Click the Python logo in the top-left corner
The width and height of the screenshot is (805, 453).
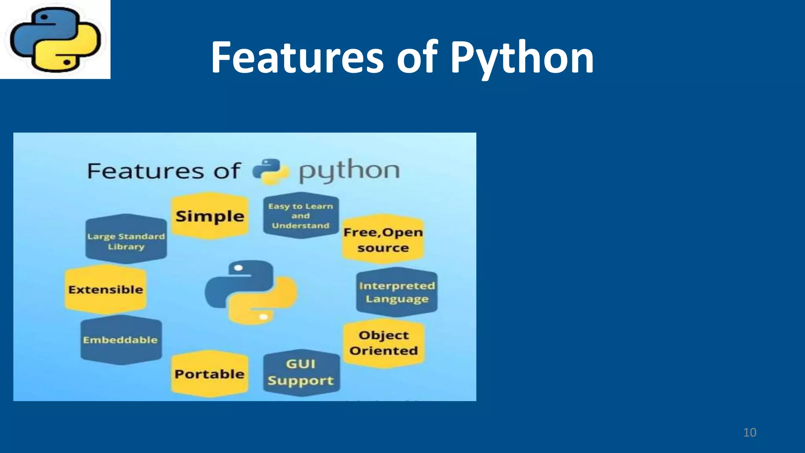55,39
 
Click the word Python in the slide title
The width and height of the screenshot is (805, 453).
522,58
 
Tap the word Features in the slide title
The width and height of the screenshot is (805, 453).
297,58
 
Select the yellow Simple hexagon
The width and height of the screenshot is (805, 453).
210,216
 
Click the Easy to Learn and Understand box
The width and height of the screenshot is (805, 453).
301,215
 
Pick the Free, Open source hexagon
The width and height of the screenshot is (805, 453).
383,239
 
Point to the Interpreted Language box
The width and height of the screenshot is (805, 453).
397,292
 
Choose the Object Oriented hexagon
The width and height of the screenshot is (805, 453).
384,343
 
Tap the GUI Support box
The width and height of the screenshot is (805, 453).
301,372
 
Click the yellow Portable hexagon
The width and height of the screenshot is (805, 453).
210,374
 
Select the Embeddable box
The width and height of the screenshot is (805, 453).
121,340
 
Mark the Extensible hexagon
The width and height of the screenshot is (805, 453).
106,289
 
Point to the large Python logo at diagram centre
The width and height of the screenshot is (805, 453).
251,292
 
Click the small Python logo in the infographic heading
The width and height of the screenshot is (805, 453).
270,171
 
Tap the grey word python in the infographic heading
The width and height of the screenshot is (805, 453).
349,171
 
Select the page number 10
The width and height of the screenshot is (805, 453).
750,433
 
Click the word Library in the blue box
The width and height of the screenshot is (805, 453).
126,247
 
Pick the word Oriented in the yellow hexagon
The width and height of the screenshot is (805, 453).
384,350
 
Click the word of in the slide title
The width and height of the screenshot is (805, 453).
417,58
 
